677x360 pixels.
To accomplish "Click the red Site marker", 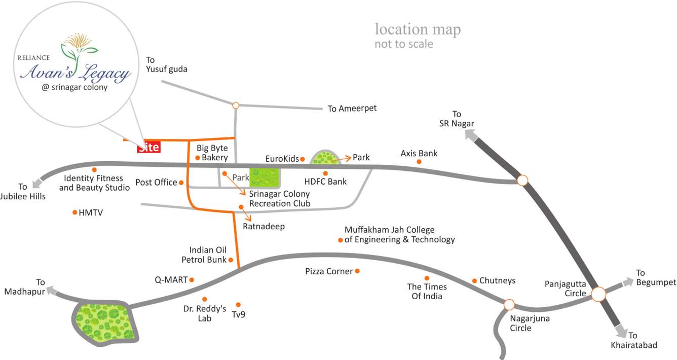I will (x=148, y=147).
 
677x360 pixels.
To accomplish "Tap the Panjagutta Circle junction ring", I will (x=598, y=294).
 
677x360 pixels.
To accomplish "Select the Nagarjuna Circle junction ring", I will (x=509, y=305).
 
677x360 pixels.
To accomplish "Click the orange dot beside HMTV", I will (x=75, y=212).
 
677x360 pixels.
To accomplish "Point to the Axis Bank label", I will (x=419, y=153).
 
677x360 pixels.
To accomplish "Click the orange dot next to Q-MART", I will (x=192, y=279).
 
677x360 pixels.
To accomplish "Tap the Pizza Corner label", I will (x=328, y=272).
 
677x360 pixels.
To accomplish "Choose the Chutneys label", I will (x=497, y=280).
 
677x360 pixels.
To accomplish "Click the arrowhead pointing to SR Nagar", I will (x=470, y=135).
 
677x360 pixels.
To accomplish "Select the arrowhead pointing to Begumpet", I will (x=628, y=281).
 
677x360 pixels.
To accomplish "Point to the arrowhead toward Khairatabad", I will (x=622, y=332).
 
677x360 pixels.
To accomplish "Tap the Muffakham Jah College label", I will (x=399, y=235).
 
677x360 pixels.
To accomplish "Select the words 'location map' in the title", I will (x=418, y=29).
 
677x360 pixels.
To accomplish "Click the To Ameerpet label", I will (x=352, y=109).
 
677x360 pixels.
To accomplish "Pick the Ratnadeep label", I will (x=264, y=227).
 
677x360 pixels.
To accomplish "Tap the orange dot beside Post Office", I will (x=181, y=183).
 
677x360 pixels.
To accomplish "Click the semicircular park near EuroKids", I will (x=325, y=158).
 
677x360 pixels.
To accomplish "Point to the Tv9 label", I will (x=238, y=314).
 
